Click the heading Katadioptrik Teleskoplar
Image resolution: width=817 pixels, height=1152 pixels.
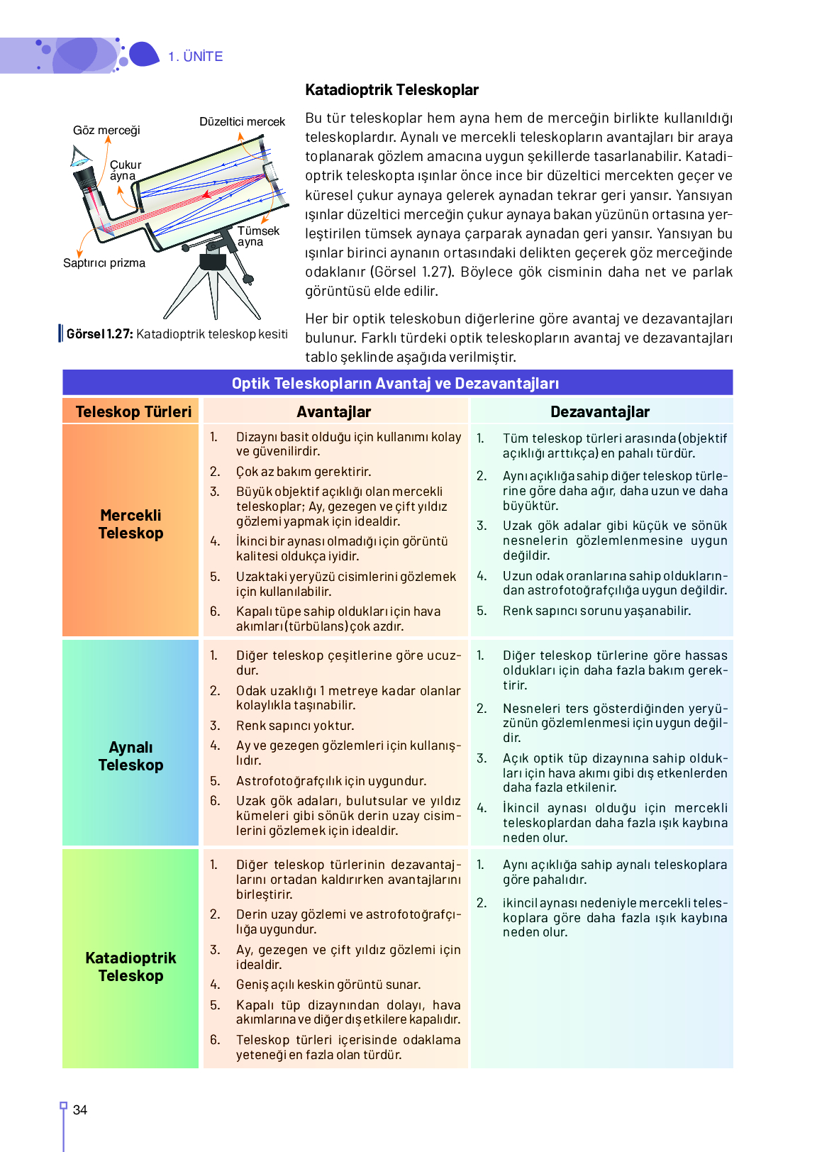point(391,90)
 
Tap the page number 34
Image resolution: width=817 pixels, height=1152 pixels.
point(80,1110)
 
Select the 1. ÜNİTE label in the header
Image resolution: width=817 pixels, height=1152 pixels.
point(196,57)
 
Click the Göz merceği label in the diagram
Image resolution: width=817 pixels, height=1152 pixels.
point(106,131)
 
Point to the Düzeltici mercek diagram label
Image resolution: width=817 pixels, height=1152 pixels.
point(242,122)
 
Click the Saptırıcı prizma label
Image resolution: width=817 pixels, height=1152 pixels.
point(104,263)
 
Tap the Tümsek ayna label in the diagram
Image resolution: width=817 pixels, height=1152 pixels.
point(257,236)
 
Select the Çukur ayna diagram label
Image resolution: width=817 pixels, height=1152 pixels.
point(125,170)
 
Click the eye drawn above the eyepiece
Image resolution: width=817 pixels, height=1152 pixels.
point(80,155)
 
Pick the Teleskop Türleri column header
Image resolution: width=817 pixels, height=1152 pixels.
point(133,412)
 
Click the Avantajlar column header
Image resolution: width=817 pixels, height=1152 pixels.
point(333,412)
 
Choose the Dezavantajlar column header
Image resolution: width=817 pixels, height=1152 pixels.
point(600,412)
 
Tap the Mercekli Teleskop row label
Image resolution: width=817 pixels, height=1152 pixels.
point(130,524)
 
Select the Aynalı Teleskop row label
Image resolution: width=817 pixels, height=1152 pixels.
point(130,756)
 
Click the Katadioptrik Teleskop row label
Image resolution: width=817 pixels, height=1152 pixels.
point(130,967)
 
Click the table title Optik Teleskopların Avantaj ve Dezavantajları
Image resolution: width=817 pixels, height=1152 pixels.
point(395,384)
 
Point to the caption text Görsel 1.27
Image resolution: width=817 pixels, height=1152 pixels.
point(99,334)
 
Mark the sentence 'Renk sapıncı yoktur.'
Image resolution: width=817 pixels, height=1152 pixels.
point(295,726)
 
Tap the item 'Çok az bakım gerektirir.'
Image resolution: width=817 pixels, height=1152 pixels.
point(304,472)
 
